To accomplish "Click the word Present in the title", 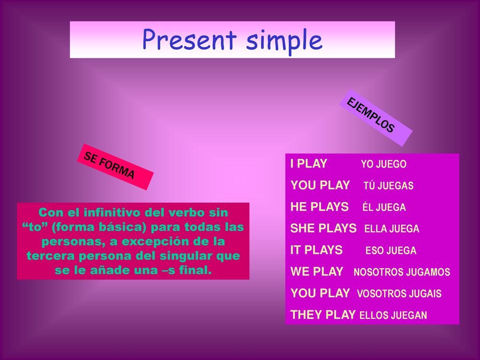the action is point(189,39).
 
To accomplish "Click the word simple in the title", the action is point(285,41).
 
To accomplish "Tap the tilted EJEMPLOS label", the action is point(375,118).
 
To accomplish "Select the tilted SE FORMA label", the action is point(115,167).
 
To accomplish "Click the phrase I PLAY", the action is point(308,164).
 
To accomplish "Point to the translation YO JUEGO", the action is point(383,164).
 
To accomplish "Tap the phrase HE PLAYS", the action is point(320,207).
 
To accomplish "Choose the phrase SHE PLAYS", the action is point(323,228).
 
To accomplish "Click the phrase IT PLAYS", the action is point(316,250).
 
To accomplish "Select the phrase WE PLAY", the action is point(317,271).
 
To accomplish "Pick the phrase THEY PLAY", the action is point(322,315).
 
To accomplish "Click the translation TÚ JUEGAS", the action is point(389,185).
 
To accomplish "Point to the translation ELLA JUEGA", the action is point(392,229).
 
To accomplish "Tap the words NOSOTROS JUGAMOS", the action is point(402,272).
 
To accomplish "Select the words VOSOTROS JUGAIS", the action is point(399,293).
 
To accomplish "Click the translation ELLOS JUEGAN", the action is point(393,315).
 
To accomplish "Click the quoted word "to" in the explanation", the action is point(35,227).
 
